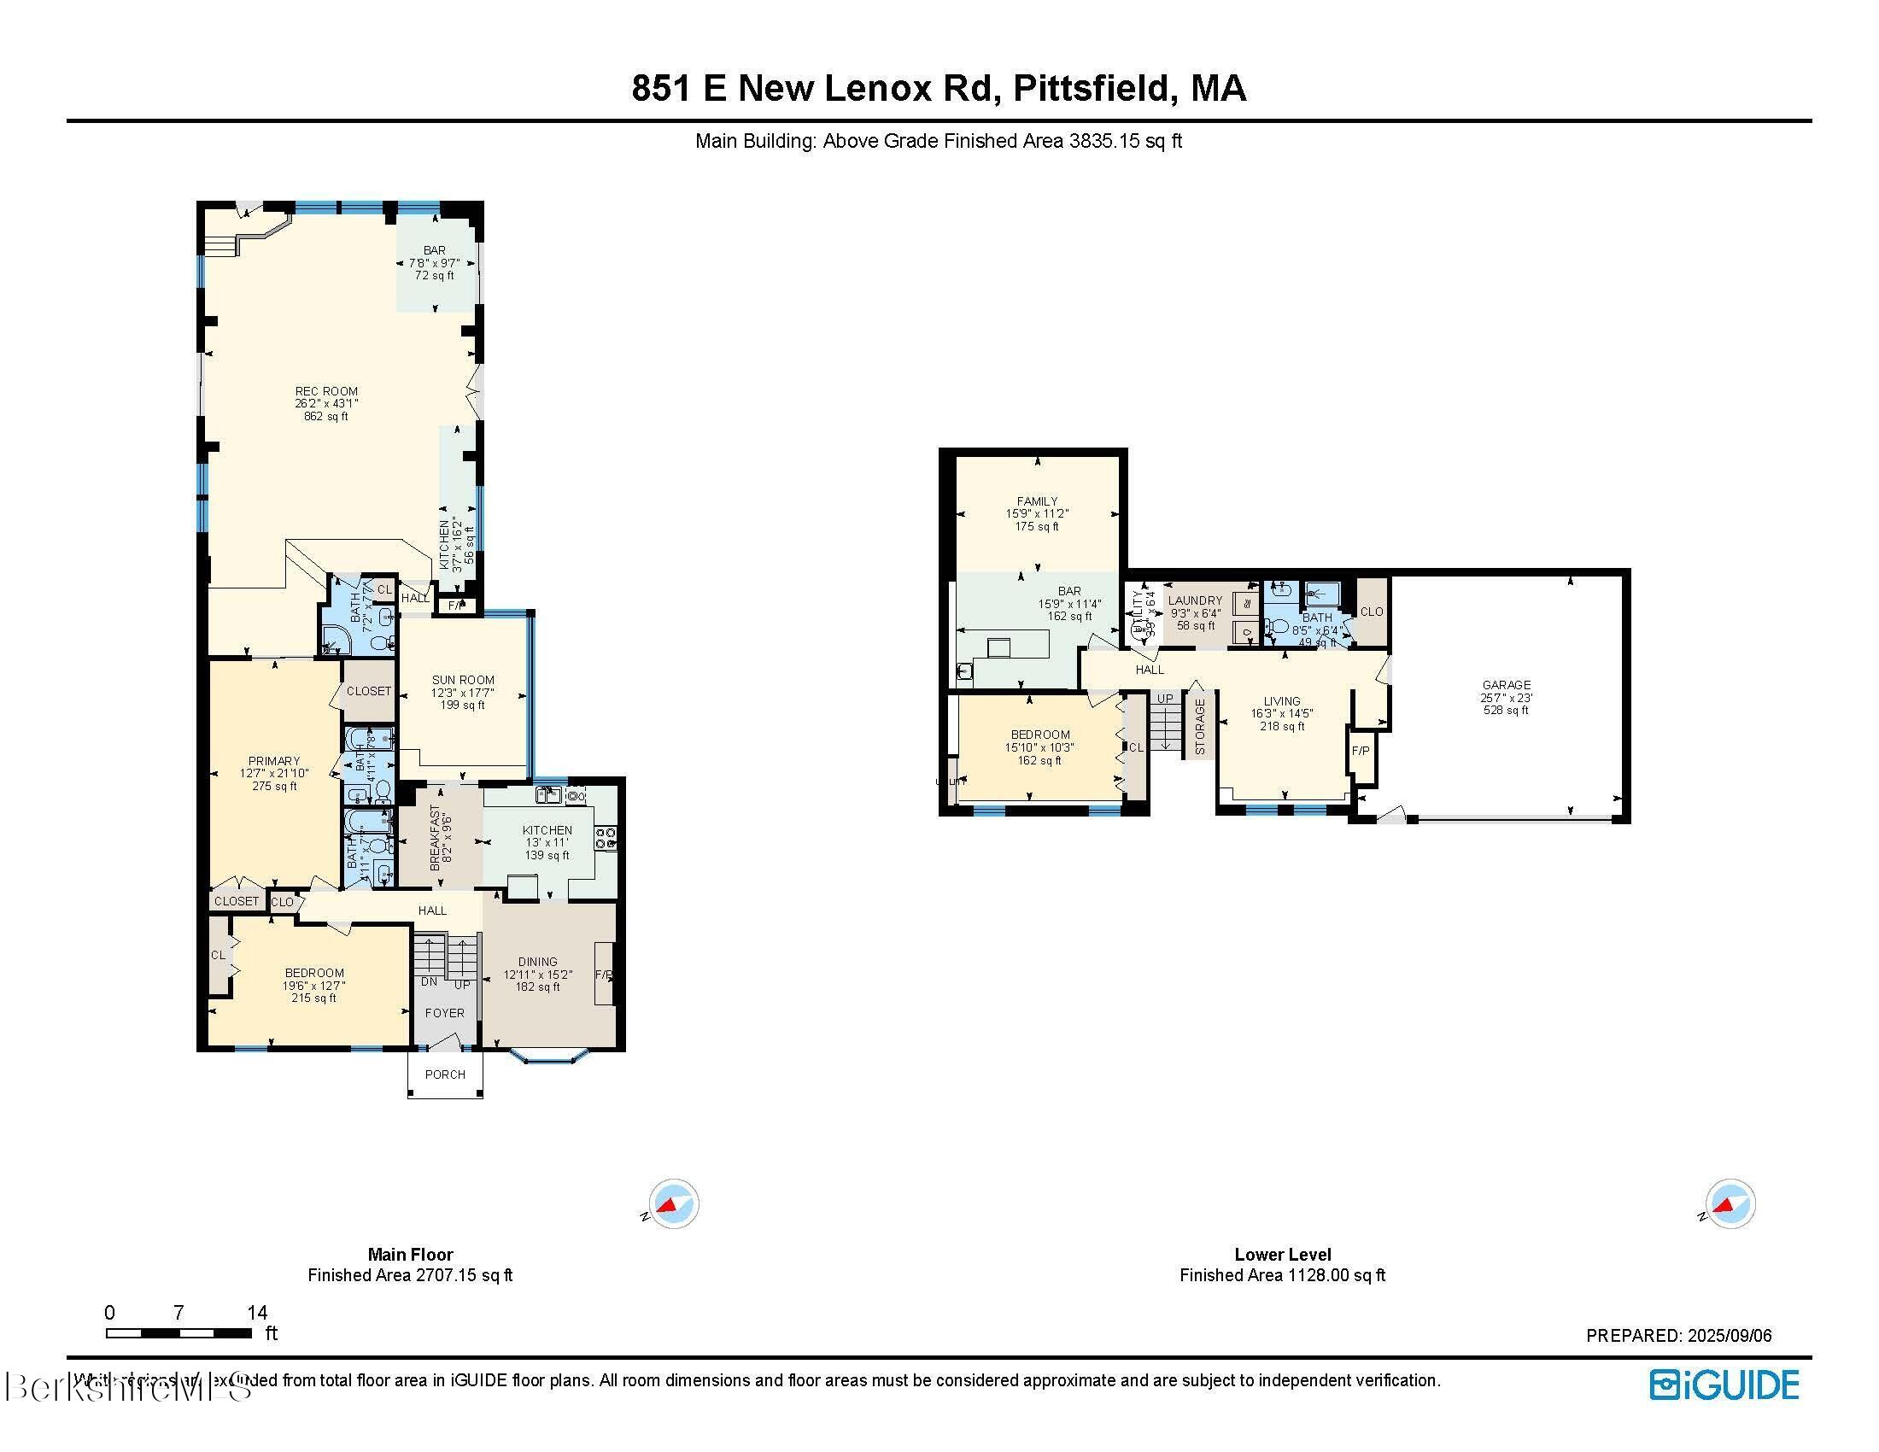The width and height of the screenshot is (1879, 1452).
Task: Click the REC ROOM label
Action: tap(326, 391)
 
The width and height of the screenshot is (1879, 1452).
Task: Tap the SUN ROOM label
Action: tap(463, 680)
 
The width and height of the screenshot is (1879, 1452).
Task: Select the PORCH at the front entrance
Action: tap(445, 1074)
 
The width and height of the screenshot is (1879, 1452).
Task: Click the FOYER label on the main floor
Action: tap(445, 1013)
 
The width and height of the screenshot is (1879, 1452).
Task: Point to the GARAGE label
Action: tap(1506, 686)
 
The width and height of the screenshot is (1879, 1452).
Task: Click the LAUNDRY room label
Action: tap(1195, 600)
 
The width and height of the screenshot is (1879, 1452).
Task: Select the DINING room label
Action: tap(538, 962)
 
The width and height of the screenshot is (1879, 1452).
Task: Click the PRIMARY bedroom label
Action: tap(273, 760)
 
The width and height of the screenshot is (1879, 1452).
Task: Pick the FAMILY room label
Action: tap(1037, 501)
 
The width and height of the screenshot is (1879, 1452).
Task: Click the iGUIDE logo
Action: tap(1724, 1385)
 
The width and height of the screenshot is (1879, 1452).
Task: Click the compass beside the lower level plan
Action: tap(1730, 1203)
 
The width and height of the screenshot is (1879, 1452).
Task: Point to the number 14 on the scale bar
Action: tap(256, 1313)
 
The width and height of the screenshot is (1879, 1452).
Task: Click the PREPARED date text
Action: tap(1678, 1336)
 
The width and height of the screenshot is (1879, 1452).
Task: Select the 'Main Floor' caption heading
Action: tap(410, 1254)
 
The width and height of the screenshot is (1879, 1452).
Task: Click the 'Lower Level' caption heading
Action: tap(1282, 1254)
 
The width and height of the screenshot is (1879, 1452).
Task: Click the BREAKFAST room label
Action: tap(436, 838)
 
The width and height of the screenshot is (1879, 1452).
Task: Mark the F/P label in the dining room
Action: tap(605, 975)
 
